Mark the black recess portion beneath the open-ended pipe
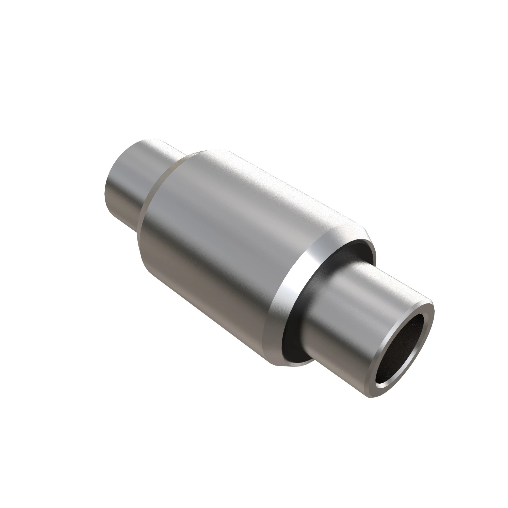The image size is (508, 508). [x=297, y=352]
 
